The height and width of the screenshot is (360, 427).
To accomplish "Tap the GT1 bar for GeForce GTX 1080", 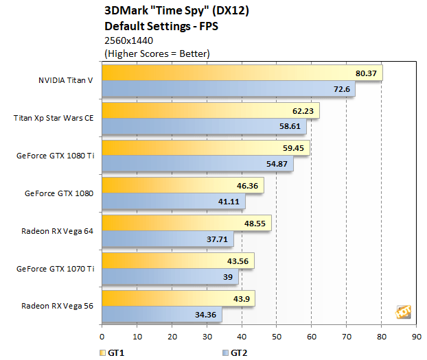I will click(183, 186).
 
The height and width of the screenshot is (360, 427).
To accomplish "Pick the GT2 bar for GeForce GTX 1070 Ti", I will click(170, 276).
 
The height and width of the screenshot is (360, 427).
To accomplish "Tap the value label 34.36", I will click(208, 315).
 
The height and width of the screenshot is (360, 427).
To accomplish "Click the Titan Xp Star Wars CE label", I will click(53, 118).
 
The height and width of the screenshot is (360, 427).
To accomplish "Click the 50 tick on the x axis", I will click(277, 337).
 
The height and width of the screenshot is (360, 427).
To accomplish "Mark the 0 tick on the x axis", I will click(102, 337).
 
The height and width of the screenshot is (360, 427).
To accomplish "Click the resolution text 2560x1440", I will click(128, 40).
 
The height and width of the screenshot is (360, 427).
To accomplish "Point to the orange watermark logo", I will click(403, 311).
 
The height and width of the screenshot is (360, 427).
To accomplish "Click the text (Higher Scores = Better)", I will click(157, 52).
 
